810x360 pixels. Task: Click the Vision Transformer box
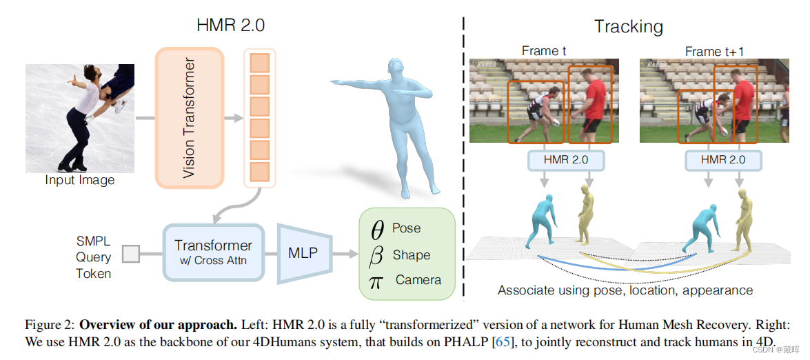(190, 118)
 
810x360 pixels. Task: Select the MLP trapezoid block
(303, 253)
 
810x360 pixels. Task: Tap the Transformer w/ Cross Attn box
(213, 252)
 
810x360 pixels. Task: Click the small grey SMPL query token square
(130, 254)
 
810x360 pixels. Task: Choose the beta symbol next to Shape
(376, 256)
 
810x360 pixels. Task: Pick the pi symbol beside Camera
(376, 281)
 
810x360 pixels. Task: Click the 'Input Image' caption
(80, 181)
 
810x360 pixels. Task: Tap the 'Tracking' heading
(628, 28)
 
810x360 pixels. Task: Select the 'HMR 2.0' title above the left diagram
(231, 26)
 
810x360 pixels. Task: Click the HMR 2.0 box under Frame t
(566, 160)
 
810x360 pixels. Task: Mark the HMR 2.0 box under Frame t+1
(722, 160)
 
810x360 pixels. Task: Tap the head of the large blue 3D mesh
(395, 68)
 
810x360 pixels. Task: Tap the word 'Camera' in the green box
(418, 281)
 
